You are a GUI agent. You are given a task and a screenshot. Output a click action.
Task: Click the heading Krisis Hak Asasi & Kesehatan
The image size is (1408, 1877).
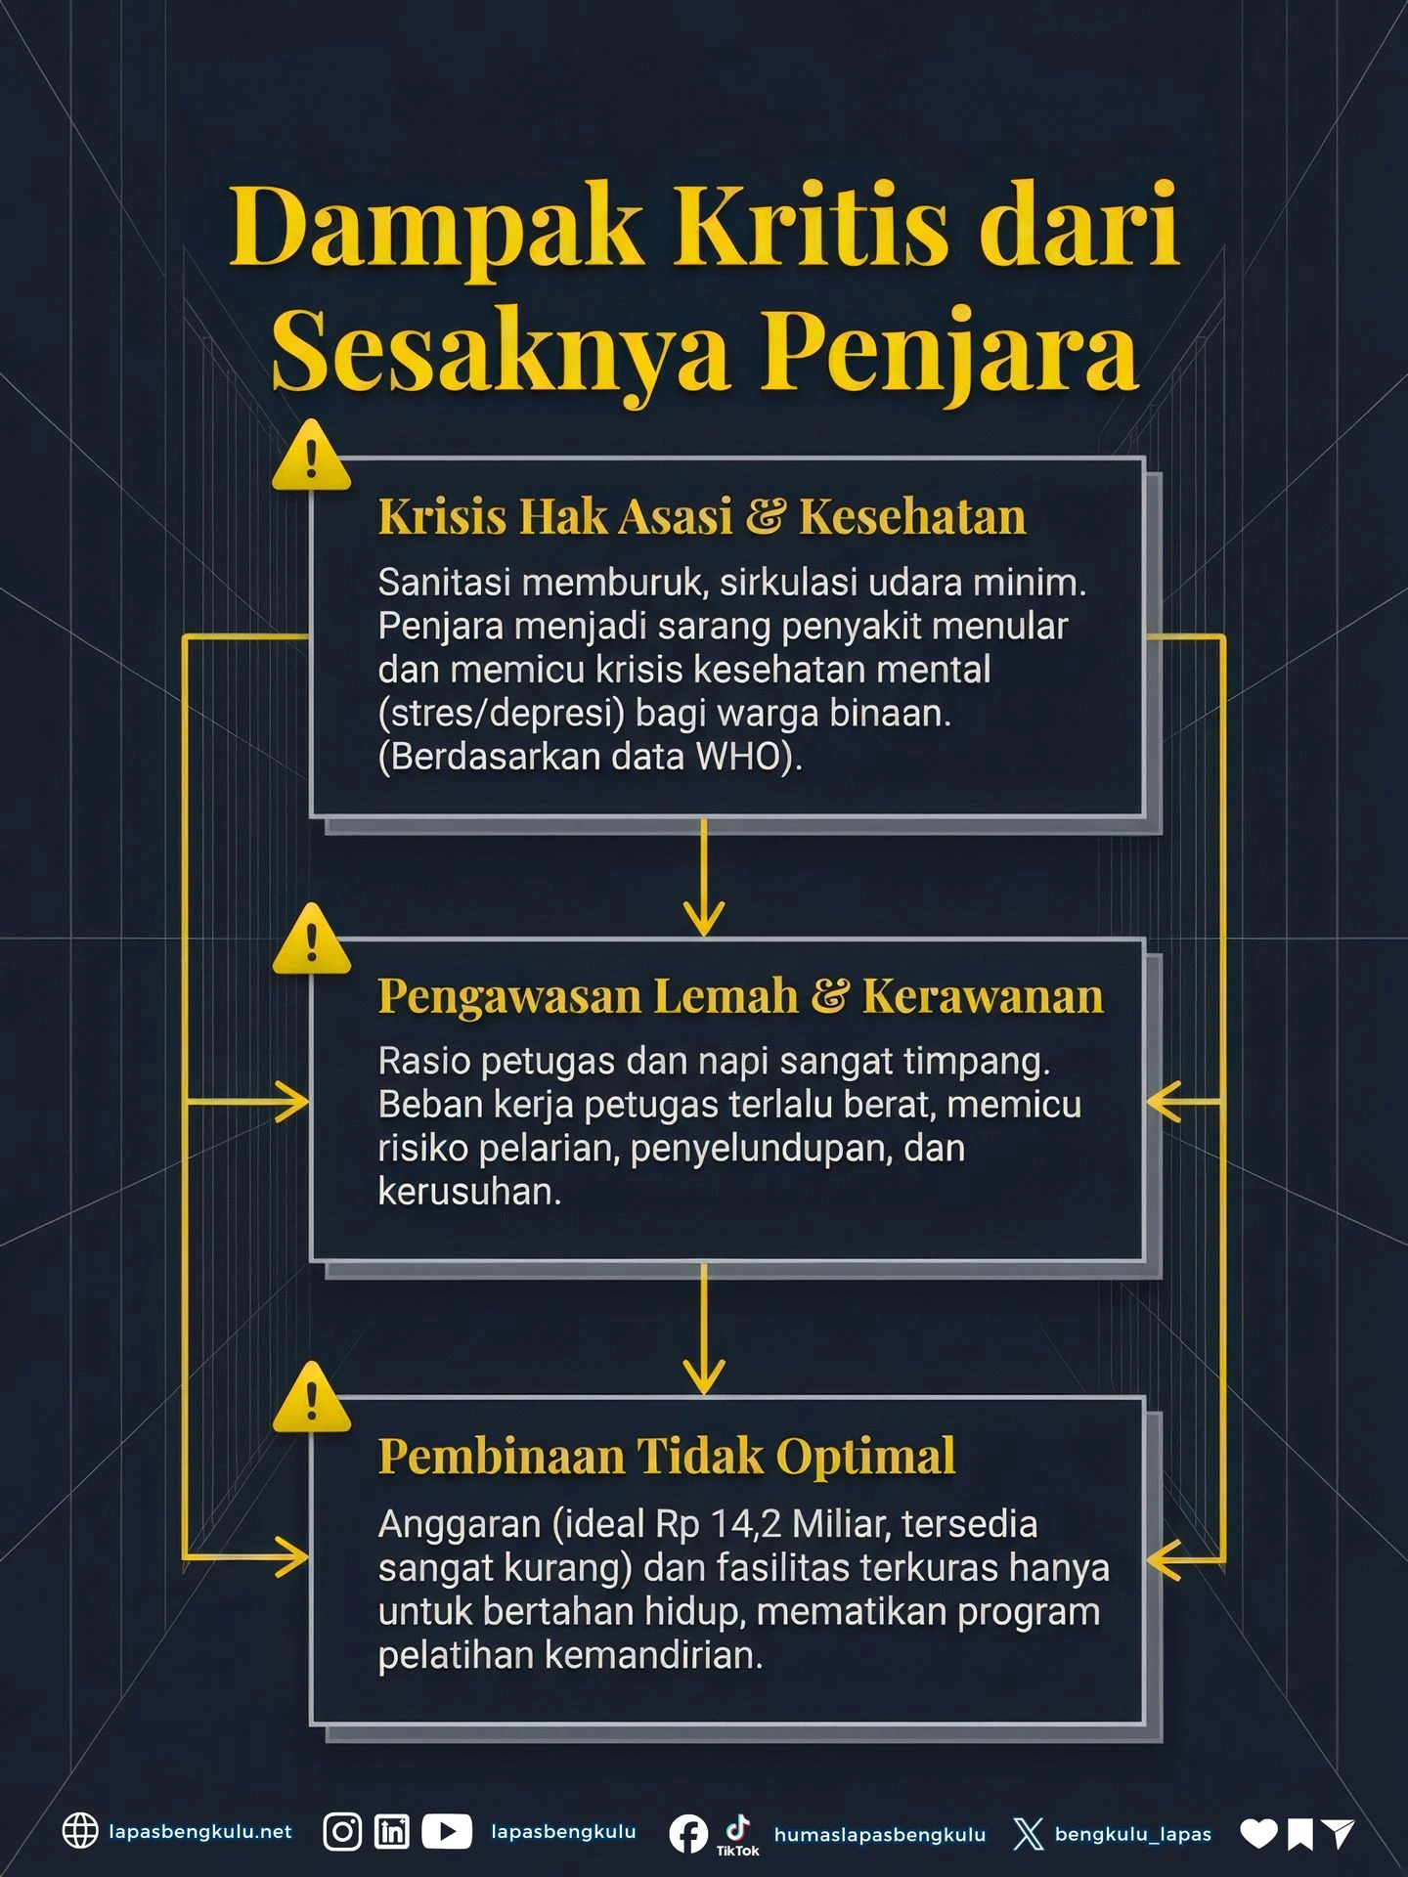(701, 516)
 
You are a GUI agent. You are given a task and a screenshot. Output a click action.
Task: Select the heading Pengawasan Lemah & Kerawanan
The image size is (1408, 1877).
(740, 996)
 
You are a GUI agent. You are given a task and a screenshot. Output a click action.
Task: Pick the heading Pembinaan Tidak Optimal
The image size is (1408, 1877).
(666, 1456)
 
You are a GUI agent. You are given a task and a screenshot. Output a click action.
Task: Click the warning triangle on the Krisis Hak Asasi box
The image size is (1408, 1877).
(312, 458)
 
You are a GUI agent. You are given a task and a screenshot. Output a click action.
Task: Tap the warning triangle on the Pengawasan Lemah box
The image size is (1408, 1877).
(312, 941)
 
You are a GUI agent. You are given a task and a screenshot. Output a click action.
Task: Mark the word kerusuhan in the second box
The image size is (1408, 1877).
(469, 1192)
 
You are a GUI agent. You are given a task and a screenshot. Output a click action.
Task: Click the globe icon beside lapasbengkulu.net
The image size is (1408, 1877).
(80, 1831)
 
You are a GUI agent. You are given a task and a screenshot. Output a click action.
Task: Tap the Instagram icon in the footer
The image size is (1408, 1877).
(342, 1831)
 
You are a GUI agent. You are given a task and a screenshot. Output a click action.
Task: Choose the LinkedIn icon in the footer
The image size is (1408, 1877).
(392, 1831)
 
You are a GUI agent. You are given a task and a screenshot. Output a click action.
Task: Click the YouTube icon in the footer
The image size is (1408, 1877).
(447, 1831)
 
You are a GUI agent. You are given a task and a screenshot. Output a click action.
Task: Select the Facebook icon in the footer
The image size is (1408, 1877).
(688, 1834)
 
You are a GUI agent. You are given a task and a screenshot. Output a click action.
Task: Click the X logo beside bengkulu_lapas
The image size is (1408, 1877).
(1029, 1834)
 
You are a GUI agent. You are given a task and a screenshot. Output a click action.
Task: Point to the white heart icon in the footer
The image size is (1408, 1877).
(1258, 1834)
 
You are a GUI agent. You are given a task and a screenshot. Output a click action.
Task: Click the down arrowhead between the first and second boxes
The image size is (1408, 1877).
(704, 919)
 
